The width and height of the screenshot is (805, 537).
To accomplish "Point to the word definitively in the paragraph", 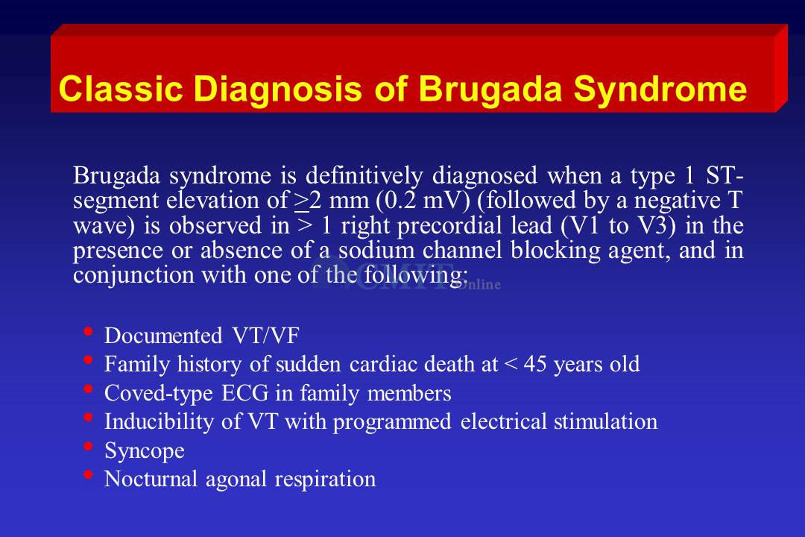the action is (x=364, y=176).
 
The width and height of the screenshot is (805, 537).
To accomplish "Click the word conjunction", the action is (x=133, y=276).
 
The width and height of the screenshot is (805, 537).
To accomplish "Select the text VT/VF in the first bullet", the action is (x=265, y=336).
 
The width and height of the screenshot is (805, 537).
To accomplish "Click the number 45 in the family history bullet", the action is (x=535, y=364).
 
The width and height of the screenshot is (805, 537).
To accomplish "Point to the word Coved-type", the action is (x=159, y=394).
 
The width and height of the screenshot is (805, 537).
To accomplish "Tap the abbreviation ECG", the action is (x=245, y=393).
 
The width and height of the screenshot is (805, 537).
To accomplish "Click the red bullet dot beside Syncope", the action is (x=88, y=445).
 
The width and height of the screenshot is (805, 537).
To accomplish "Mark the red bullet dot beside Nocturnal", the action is (x=88, y=474).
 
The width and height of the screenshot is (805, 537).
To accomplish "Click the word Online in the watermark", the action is (x=479, y=285).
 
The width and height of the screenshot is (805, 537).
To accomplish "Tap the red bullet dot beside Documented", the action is (x=88, y=331).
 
